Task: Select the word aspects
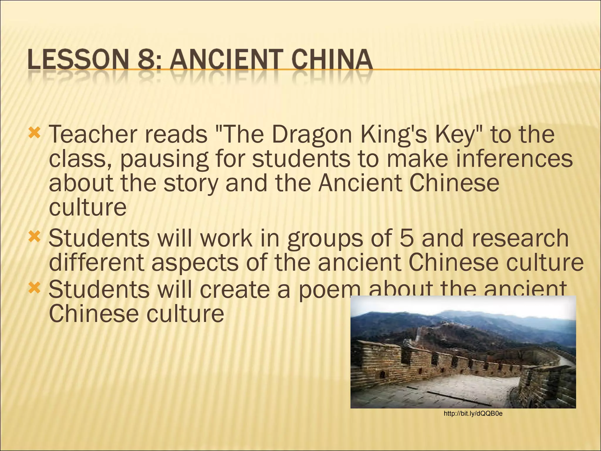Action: [x=195, y=262]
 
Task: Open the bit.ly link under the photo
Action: [x=473, y=414]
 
